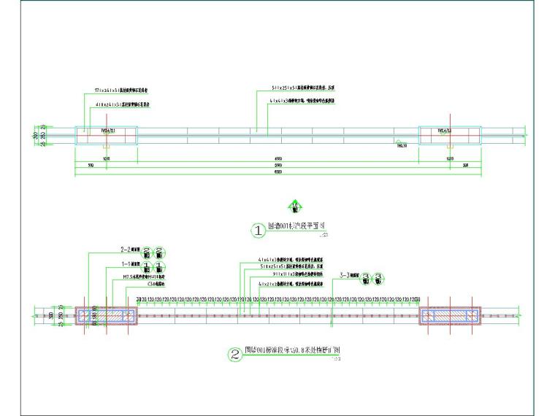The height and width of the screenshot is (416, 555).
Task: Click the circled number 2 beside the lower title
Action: [x=235, y=355]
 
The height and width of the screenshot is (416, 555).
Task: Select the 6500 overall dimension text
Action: [x=278, y=172]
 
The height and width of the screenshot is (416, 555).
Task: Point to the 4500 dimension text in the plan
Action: [x=278, y=158]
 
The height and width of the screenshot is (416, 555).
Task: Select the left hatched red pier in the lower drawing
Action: [x=107, y=316]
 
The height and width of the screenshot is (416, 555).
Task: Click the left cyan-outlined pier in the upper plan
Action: [x=106, y=136]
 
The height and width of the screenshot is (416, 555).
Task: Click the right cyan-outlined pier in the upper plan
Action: [x=449, y=136]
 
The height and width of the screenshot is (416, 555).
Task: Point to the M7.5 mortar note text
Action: [x=138, y=277]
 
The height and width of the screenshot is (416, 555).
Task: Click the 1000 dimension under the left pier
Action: [x=106, y=158]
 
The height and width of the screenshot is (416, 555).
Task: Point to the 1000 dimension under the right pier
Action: [x=449, y=158]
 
